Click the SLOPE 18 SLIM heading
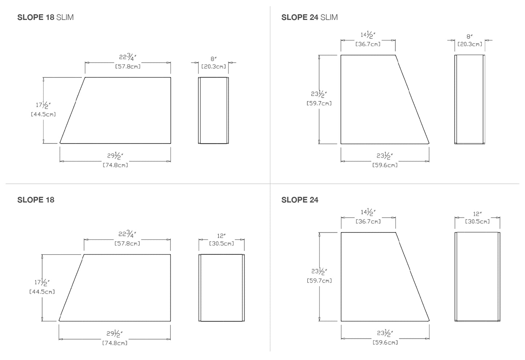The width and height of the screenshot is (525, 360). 45,17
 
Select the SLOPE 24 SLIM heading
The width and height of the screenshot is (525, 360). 310,17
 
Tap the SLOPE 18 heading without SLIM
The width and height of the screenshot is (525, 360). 36,200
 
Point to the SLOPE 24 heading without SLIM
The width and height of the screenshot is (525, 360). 300,200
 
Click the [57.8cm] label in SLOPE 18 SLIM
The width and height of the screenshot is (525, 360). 128,66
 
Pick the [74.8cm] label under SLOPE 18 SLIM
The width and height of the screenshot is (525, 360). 115,165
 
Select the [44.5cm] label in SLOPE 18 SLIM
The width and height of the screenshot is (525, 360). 43,114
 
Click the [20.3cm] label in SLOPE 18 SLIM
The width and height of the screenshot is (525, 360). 214,66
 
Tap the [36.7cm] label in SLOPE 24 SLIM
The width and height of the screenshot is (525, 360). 368,44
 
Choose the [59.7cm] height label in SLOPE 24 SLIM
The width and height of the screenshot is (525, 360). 319,104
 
